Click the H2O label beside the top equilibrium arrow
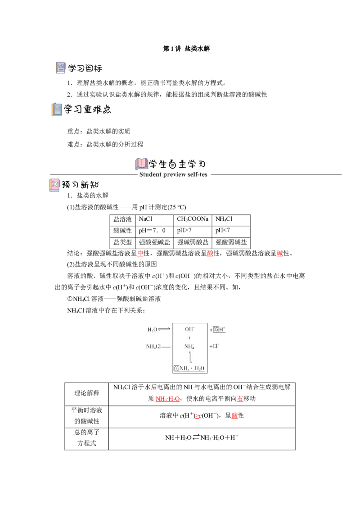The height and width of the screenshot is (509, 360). click(x=152, y=330)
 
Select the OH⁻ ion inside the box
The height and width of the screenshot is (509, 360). click(x=189, y=329)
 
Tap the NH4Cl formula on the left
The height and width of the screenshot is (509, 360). click(x=153, y=347)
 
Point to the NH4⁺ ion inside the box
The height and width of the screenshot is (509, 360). click(x=189, y=347)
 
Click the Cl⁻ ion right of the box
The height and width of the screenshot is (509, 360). click(x=214, y=346)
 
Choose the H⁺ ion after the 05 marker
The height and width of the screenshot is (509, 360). click(x=222, y=330)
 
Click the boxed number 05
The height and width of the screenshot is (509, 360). click(x=216, y=330)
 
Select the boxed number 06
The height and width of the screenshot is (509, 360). click(x=176, y=368)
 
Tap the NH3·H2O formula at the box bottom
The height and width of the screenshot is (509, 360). click(x=192, y=368)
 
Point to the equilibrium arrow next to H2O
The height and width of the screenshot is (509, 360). click(x=164, y=330)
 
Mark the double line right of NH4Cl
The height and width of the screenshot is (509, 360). click(x=166, y=347)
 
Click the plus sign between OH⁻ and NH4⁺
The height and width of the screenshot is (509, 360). click(x=189, y=338)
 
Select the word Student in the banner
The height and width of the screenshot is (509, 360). click(x=150, y=174)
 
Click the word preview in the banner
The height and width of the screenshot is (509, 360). click(x=179, y=174)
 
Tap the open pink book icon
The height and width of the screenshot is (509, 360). click(x=141, y=163)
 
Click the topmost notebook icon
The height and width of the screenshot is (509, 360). click(x=61, y=68)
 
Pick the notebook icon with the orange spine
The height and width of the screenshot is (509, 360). click(x=57, y=110)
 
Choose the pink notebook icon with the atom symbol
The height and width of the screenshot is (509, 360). click(x=54, y=185)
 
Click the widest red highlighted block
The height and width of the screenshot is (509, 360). click(x=167, y=399)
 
